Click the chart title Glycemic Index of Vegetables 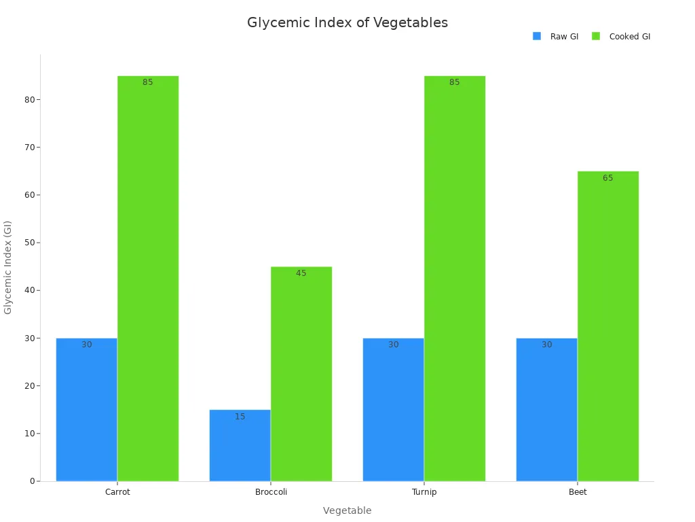[x=347, y=22]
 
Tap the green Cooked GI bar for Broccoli [x=301, y=374]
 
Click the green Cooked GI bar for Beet [x=607, y=326]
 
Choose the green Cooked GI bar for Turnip [x=454, y=279]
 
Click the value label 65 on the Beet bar [x=607, y=178]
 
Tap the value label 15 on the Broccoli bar [x=240, y=417]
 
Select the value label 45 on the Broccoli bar [x=301, y=273]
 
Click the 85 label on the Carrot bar [x=147, y=82]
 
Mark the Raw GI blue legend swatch [x=537, y=36]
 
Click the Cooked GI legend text [x=629, y=37]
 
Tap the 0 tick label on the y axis [x=32, y=481]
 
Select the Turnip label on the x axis [x=424, y=492]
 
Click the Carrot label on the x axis [x=117, y=492]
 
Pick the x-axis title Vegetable [x=347, y=510]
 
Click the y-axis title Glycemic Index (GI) [x=8, y=267]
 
